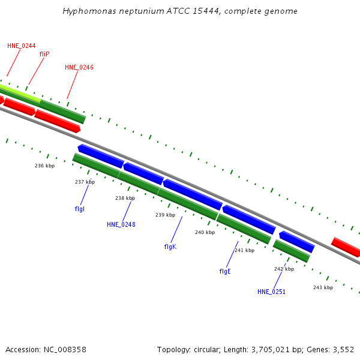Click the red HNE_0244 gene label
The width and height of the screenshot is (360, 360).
tap(22, 46)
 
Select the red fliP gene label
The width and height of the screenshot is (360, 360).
tap(44, 54)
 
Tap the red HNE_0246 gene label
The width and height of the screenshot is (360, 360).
tap(79, 68)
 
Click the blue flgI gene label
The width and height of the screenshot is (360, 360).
tap(80, 209)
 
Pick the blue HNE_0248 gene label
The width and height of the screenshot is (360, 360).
tap(121, 224)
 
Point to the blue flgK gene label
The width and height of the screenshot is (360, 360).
tap(170, 247)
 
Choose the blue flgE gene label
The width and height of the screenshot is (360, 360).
tap(225, 271)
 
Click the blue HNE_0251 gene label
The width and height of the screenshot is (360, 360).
tap(271, 292)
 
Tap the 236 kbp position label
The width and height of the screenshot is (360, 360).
tap(44, 166)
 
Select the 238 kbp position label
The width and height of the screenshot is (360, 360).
tap(125, 198)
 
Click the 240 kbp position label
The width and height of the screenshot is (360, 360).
tap(205, 232)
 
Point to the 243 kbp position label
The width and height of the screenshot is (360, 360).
tap(323, 287)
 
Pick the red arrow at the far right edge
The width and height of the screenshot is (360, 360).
tap(346, 246)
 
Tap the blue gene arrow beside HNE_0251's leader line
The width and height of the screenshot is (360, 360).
tap(296, 241)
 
